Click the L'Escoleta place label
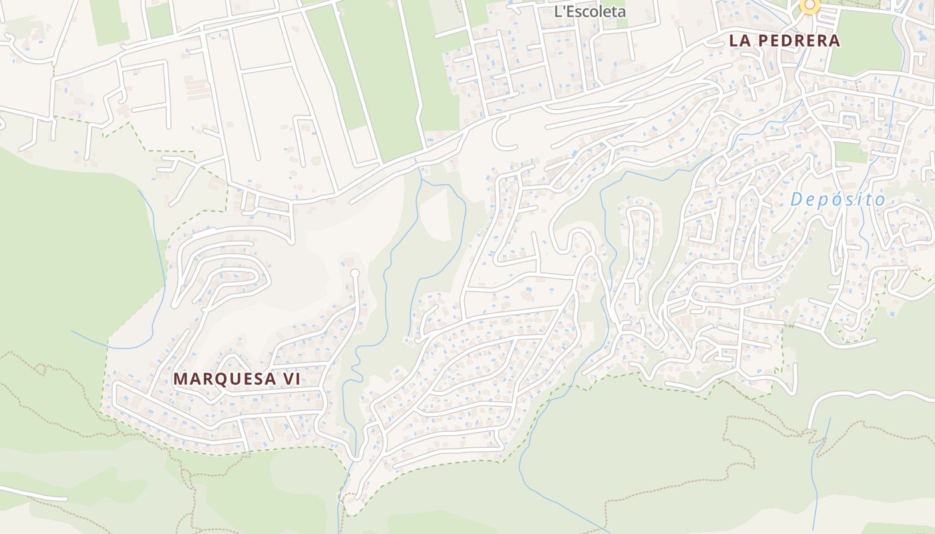coord(590,11)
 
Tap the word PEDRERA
coord(798,41)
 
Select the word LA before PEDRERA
coord(740,41)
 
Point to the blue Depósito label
coord(837,199)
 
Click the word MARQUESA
coord(223,379)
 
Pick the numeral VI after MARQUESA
coord(290,379)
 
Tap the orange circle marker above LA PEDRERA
coord(809,6)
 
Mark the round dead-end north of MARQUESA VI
coord(355,273)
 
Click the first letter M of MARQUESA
coord(180,379)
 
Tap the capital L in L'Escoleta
coord(559,11)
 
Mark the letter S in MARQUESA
coord(255,379)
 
